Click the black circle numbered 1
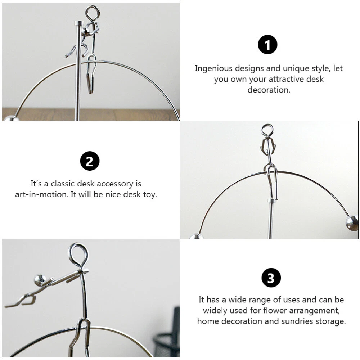(267, 45)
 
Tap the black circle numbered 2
(90, 161)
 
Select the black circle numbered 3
(271, 278)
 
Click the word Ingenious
(214, 68)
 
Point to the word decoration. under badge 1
(269, 90)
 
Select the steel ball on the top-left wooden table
(12, 118)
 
